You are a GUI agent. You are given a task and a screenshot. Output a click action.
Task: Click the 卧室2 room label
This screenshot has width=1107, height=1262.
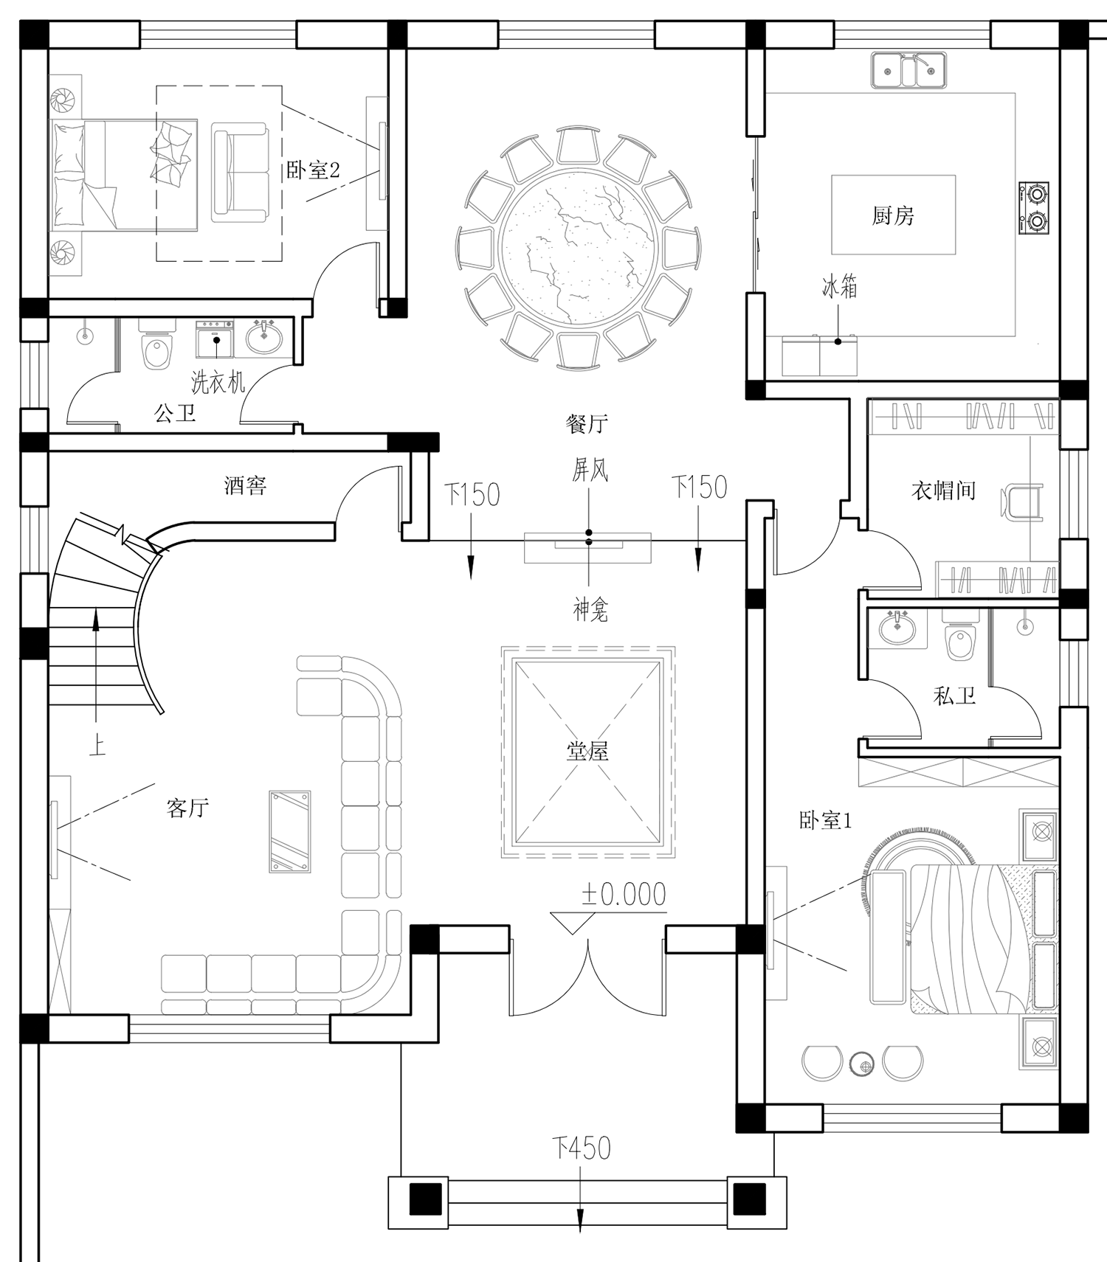tap(313, 170)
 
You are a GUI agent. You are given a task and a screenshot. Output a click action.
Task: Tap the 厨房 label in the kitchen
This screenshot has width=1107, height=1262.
tap(893, 215)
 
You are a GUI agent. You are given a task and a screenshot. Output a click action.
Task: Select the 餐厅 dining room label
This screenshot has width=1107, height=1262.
tap(587, 423)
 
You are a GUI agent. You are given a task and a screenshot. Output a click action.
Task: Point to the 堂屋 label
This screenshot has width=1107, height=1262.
tap(587, 752)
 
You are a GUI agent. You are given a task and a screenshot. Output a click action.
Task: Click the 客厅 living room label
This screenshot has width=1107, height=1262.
tap(187, 808)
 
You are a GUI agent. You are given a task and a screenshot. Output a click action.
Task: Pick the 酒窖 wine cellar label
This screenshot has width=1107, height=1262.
tap(245, 485)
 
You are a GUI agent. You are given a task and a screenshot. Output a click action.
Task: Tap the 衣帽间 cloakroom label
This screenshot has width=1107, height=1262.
tap(943, 490)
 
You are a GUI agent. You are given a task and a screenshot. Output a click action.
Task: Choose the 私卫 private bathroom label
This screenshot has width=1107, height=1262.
tap(955, 696)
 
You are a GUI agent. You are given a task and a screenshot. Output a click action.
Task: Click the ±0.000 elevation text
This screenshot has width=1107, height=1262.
tap(624, 894)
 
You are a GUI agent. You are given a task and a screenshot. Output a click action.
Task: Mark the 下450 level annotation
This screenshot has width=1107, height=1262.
tap(582, 1148)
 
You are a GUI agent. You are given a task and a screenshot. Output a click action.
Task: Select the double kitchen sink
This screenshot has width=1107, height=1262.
tap(909, 71)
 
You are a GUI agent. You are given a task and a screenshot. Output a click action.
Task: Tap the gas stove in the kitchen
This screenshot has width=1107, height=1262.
tap(1034, 208)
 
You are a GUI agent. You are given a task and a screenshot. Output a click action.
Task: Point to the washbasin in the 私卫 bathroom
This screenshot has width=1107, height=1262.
tap(897, 629)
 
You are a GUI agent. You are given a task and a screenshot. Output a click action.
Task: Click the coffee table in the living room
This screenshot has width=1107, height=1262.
tap(290, 831)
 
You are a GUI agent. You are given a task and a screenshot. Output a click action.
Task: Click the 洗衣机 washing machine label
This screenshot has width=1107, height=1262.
tap(218, 382)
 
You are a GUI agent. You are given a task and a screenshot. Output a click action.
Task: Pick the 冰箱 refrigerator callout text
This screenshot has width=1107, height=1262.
tap(840, 287)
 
